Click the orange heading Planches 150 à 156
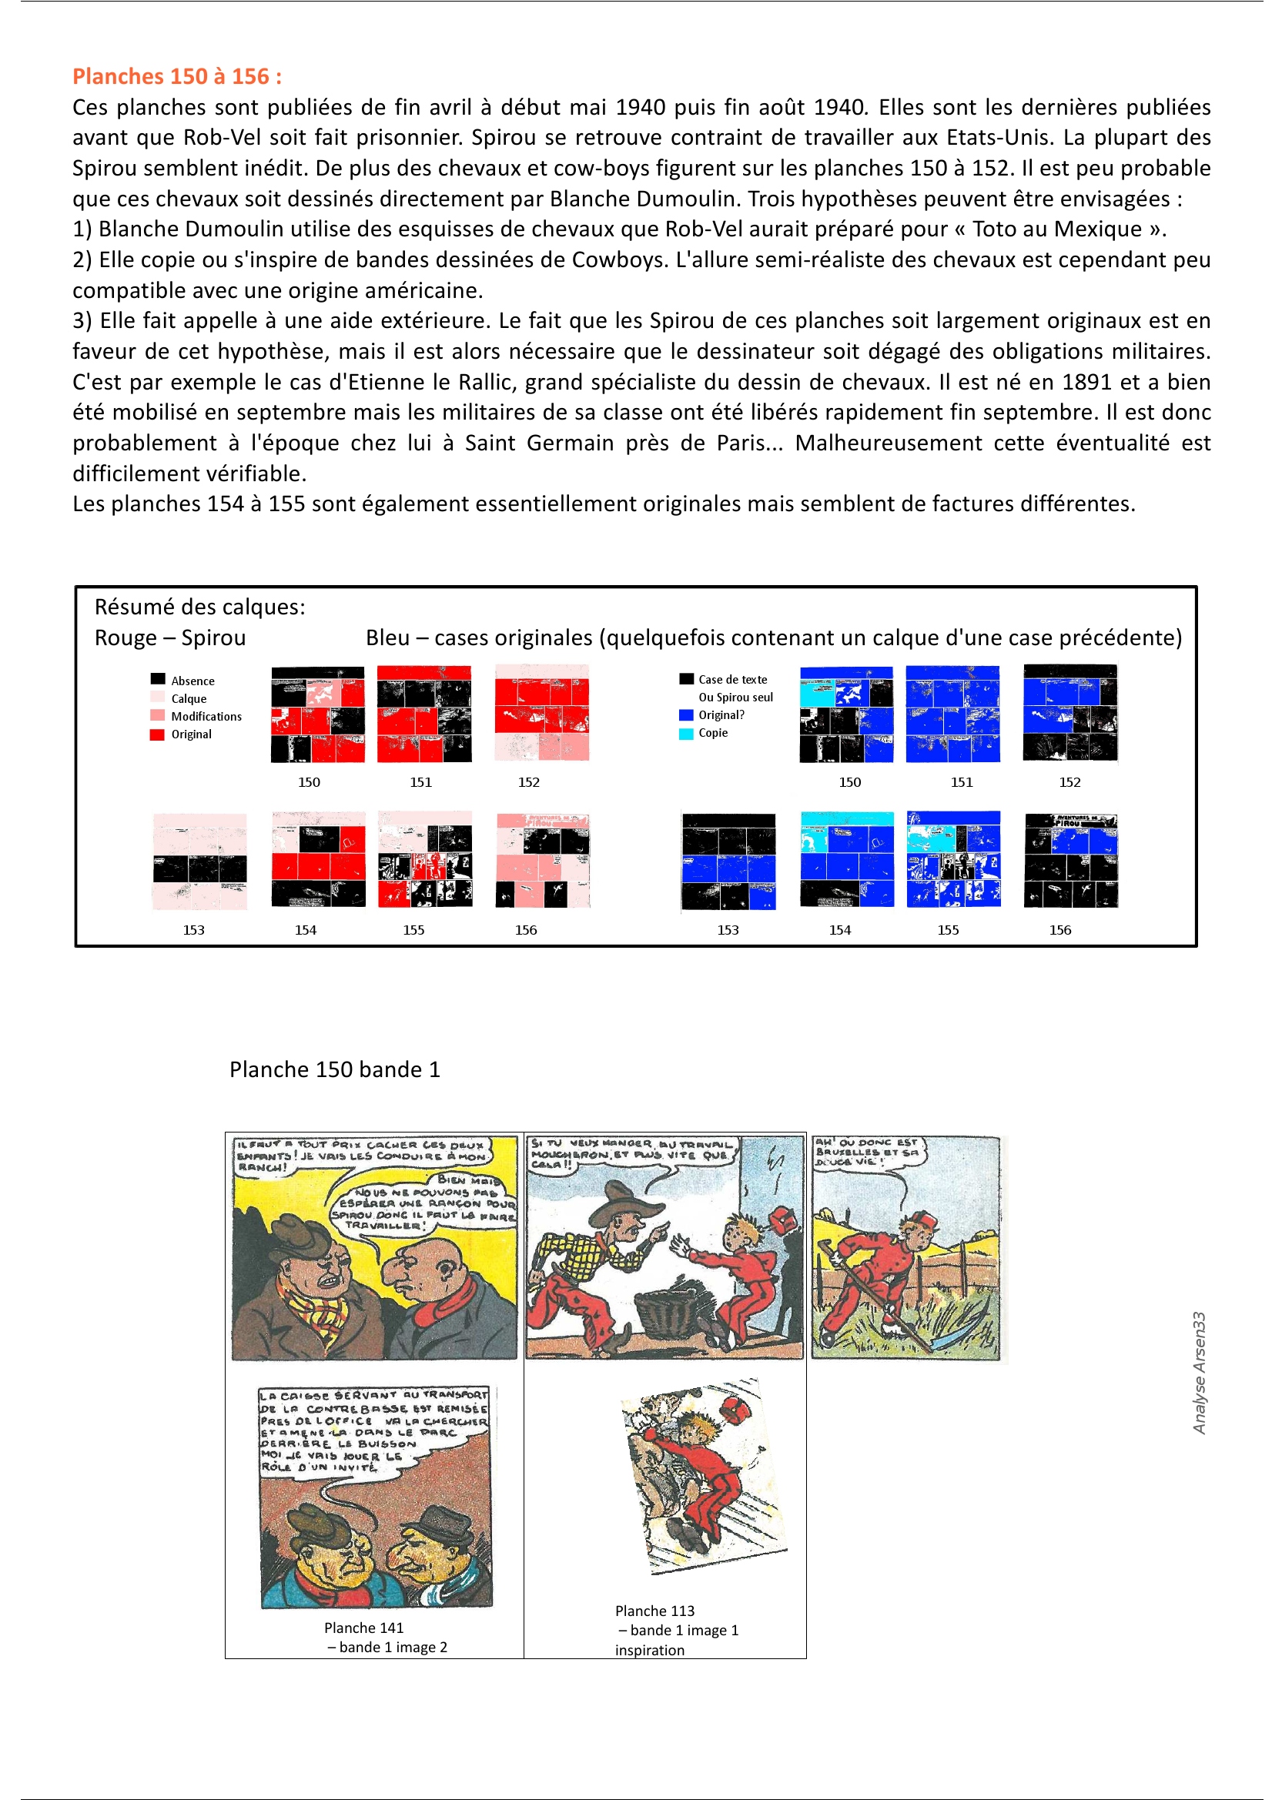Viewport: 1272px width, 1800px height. click(176, 77)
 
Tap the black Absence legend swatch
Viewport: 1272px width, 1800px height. click(159, 679)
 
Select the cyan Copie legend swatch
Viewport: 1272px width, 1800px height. click(686, 733)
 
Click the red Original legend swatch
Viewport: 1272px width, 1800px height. click(158, 734)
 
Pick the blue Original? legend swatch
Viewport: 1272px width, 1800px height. click(686, 715)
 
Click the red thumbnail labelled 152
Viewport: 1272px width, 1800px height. click(541, 713)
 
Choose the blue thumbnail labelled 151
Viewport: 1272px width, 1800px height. click(952, 714)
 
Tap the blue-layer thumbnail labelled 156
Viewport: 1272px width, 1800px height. click(1070, 860)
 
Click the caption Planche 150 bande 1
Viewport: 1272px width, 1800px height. click(334, 1069)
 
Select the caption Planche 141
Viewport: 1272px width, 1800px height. click(363, 1628)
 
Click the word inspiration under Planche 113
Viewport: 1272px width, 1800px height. click(649, 1651)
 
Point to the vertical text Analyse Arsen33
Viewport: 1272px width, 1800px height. click(1198, 1373)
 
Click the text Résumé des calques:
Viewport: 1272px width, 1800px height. click(200, 607)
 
